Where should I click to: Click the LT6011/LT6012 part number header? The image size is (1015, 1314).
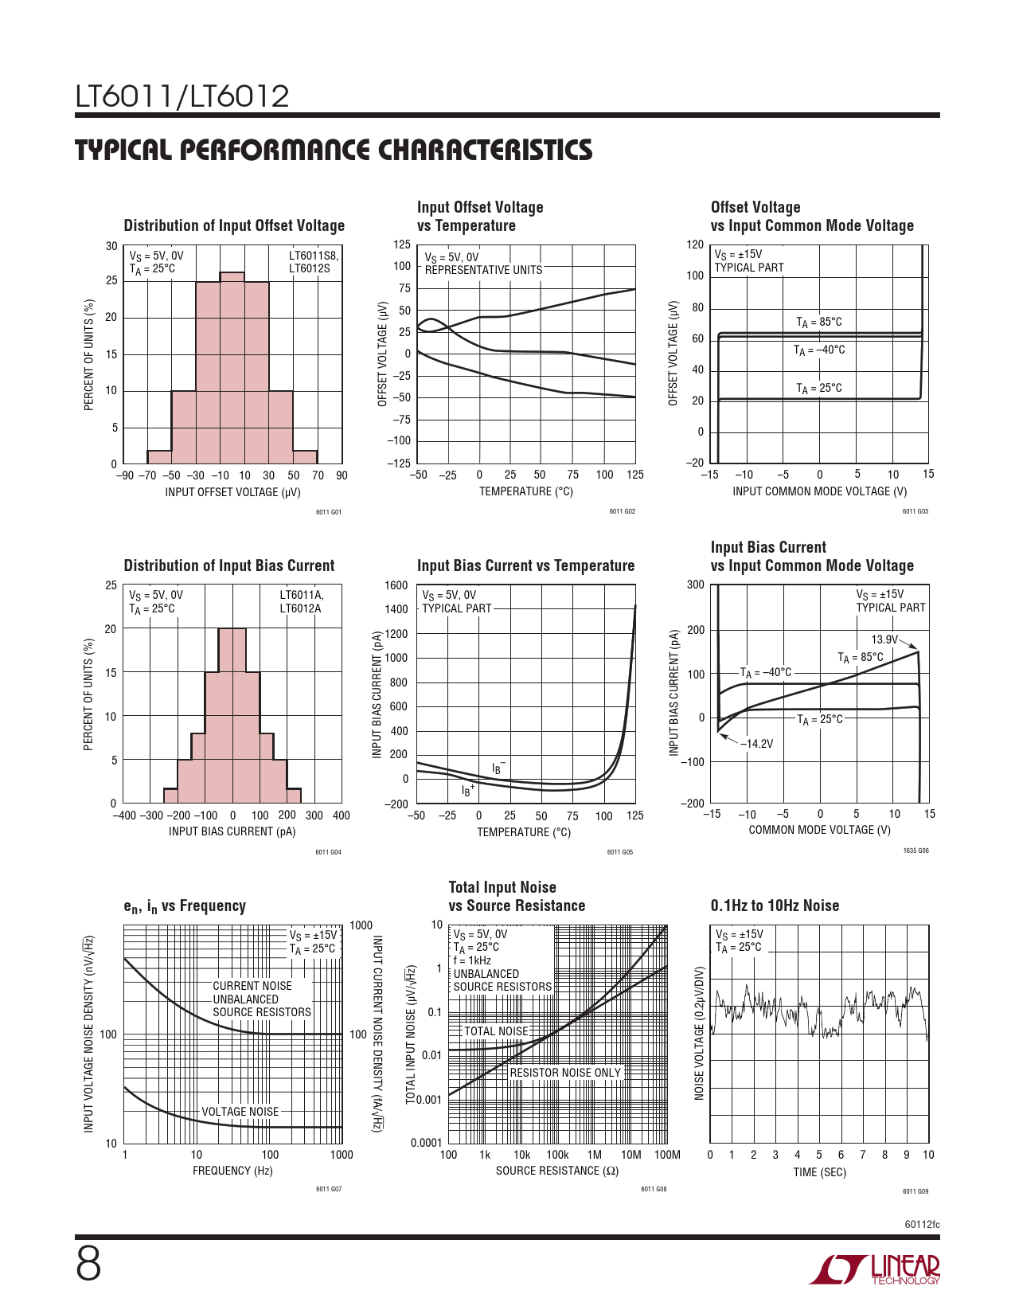point(182,97)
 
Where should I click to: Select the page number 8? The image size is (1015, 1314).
point(88,1264)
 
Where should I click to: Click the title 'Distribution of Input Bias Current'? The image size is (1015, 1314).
point(229,565)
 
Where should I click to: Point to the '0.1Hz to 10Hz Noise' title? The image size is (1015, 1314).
point(775,905)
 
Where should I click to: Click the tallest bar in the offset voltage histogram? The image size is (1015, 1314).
point(232,366)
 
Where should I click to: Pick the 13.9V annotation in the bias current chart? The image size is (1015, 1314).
point(884,639)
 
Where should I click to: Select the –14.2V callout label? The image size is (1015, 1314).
point(756,744)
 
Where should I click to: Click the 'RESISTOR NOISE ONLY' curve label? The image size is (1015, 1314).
point(565,1073)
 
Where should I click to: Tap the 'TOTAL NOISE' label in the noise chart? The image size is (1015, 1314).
point(496,1031)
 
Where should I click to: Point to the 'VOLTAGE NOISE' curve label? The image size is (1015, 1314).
point(240,1112)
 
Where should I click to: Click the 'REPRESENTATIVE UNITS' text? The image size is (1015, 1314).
point(483,270)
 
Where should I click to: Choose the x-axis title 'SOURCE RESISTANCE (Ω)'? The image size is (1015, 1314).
point(557,1171)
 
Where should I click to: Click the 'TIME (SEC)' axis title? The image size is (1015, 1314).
point(819,1172)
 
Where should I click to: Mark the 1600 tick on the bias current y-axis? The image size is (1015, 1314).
point(396,585)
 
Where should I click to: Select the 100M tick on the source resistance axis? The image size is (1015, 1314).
point(667,1155)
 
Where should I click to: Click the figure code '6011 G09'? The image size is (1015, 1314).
point(915,1191)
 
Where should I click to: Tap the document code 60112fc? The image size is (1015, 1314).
point(922,1224)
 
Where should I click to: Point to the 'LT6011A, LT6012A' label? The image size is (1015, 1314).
point(301,602)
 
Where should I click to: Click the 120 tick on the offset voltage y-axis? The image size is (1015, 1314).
point(696,244)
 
